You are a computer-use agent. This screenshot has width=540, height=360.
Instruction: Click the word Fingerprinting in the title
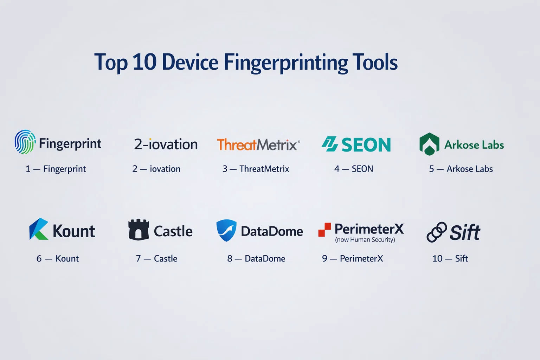tap(286, 63)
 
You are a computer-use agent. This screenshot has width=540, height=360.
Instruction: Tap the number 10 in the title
tap(144, 62)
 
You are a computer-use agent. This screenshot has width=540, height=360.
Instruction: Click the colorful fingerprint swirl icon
tap(25, 142)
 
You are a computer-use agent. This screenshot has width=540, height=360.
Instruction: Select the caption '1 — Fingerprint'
tap(56, 169)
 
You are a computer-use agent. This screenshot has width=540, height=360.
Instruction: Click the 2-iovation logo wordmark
tap(166, 144)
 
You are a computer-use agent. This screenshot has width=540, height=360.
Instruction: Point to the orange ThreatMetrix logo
tap(258, 144)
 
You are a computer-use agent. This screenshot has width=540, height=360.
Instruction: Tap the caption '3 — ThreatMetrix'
tap(256, 169)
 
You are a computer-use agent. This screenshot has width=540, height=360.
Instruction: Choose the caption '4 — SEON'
tap(354, 169)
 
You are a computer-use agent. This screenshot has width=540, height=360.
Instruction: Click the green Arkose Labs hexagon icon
tap(429, 144)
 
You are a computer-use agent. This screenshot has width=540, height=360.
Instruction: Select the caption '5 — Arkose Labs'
tap(461, 169)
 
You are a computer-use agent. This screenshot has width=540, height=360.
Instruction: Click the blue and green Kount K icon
tap(39, 229)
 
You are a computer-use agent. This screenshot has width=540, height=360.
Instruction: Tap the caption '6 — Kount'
tap(57, 258)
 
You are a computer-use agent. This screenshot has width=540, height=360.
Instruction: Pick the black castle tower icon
tap(139, 230)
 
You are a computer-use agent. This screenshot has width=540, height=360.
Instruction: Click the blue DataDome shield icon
tap(226, 230)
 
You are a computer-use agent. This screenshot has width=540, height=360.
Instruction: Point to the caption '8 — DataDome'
tap(256, 258)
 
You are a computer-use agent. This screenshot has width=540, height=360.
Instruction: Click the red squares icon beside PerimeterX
tap(324, 230)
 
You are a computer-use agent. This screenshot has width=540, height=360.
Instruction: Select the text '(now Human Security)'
tap(365, 240)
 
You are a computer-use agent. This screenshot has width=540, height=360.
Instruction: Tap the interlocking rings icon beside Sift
tap(437, 232)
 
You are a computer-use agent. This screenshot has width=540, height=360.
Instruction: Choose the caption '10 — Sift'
tap(450, 258)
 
